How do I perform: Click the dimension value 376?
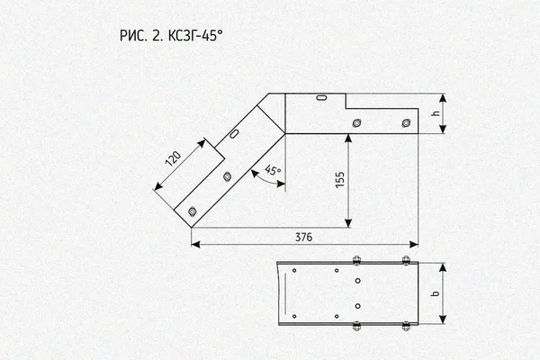[304, 238]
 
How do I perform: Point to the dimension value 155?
[340, 180]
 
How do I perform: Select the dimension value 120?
[173, 158]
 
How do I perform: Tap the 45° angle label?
[273, 170]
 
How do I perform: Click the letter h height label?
[436, 112]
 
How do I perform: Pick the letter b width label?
[436, 293]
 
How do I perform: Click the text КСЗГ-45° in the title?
[195, 35]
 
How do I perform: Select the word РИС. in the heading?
[133, 35]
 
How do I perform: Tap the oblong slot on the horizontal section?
[321, 98]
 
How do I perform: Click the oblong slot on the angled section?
[234, 134]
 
